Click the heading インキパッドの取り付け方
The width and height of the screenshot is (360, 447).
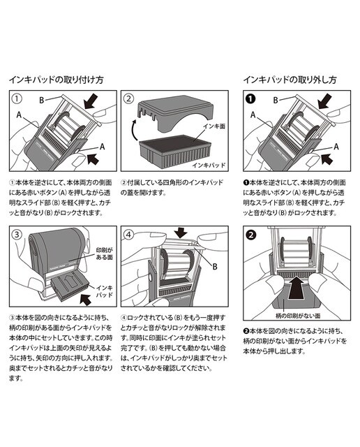pyautogui.click(x=56, y=80)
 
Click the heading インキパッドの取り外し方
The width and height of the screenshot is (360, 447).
pyautogui.click(x=290, y=80)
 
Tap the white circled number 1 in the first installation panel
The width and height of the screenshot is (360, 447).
pyautogui.click(x=17, y=98)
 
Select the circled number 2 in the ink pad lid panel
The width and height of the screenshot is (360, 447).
pyautogui.click(x=128, y=98)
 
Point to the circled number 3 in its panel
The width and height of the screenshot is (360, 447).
pyautogui.click(x=17, y=234)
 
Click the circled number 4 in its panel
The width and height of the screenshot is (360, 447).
pyautogui.click(x=128, y=234)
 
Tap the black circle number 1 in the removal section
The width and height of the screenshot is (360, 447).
pyautogui.click(x=250, y=98)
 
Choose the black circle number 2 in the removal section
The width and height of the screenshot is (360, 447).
pyautogui.click(x=250, y=235)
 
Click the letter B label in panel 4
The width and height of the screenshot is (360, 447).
pyautogui.click(x=215, y=267)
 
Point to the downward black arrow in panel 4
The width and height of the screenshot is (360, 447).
pyautogui.click(x=181, y=233)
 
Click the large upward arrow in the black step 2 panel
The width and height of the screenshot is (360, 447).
pyautogui.click(x=297, y=287)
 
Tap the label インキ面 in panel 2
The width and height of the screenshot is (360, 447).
pyautogui.click(x=213, y=126)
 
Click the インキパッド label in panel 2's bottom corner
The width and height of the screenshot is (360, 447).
pyautogui.click(x=209, y=165)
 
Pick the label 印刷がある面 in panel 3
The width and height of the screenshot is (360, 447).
pyautogui.click(x=104, y=254)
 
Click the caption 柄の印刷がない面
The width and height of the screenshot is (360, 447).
pyautogui.click(x=298, y=316)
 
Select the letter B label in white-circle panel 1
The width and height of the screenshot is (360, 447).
pyautogui.click(x=42, y=100)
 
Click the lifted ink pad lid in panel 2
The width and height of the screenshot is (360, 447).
pyautogui.click(x=174, y=114)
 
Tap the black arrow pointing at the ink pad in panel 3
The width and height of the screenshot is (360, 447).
pyautogui.click(x=86, y=300)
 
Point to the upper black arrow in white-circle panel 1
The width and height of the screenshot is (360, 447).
pyautogui.click(x=91, y=102)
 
